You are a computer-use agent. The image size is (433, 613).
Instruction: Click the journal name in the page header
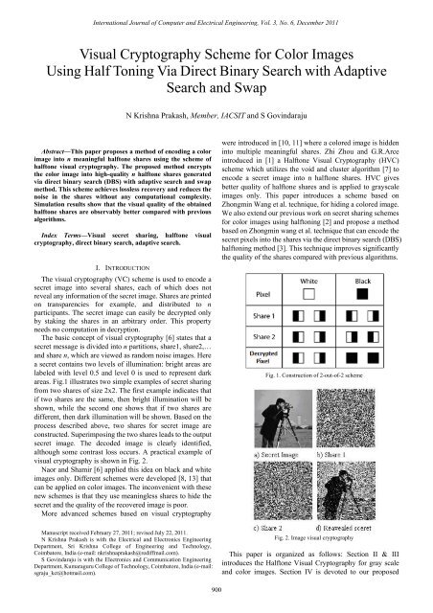click(216, 9)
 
